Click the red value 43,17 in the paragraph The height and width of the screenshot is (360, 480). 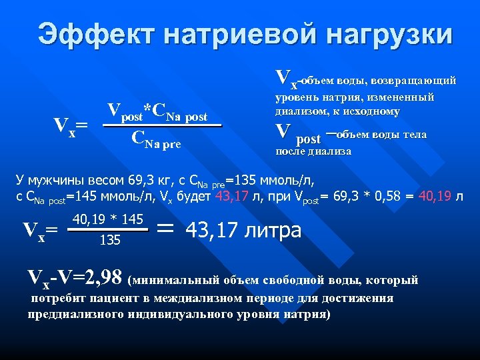click(x=231, y=196)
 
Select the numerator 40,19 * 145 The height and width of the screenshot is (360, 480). click(x=109, y=219)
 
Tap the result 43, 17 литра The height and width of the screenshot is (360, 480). click(x=243, y=231)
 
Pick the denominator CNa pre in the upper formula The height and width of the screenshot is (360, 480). click(x=157, y=139)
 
